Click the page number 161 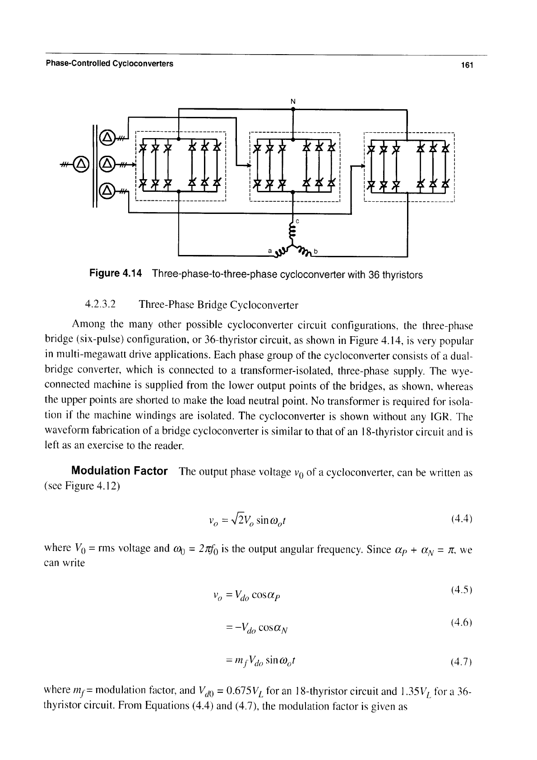[467, 65]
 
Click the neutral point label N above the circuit [293, 102]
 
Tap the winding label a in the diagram [270, 251]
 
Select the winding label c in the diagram [297, 221]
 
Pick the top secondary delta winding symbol [106, 138]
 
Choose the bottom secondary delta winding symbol [106, 191]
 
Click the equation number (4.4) [462, 519]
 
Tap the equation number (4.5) [462, 590]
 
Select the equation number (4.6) [462, 622]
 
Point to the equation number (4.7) [462, 661]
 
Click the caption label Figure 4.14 [116, 273]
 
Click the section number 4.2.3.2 [100, 304]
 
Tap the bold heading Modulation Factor [120, 471]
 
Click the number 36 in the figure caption [374, 274]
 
